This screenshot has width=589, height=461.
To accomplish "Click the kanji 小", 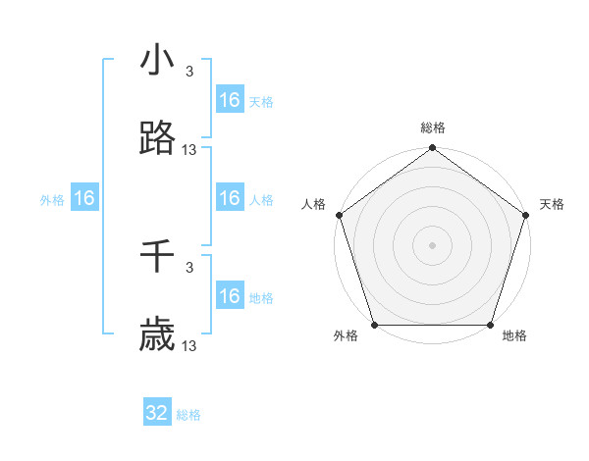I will (157, 61).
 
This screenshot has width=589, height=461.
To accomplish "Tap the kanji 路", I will (157, 140).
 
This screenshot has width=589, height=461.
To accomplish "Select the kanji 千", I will (157, 257).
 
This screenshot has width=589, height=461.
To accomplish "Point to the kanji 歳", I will (157, 336).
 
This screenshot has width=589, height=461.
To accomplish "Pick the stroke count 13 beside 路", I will (189, 150).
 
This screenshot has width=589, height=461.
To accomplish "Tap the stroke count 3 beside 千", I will (189, 267).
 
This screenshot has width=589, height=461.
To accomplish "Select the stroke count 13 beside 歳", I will (189, 346).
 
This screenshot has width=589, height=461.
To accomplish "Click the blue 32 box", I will (157, 413).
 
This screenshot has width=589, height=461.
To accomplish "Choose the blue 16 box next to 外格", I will (84, 199).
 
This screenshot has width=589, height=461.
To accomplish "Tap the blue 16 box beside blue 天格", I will (230, 100).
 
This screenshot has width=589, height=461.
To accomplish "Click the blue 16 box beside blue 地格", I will (230, 296).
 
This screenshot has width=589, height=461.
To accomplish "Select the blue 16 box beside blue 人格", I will (230, 199).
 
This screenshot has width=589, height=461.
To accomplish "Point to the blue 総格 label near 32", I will (188, 415).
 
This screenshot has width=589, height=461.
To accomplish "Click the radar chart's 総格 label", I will (432, 128).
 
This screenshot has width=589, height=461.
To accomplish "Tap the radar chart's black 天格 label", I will (552, 204).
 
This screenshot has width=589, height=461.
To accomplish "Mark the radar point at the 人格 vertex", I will (339, 215).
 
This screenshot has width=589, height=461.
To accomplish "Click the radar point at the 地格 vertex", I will (490, 325).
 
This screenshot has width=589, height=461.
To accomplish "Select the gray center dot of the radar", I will (432, 245).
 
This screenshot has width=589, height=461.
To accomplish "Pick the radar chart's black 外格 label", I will (345, 335).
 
